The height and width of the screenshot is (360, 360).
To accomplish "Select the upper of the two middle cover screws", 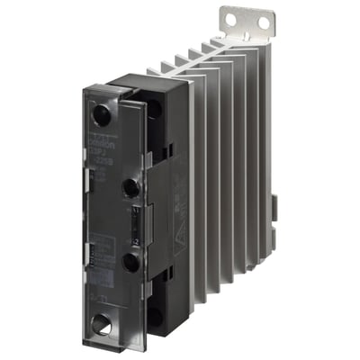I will click(130, 187).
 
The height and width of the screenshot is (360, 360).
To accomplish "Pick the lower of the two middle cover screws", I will click(132, 262).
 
